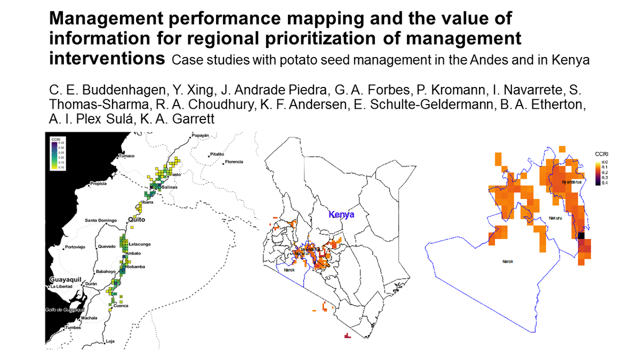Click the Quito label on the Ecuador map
137,219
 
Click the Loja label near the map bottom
110,341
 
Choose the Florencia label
234,162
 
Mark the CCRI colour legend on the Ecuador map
57,154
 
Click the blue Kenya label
342,214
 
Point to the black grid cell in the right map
581,236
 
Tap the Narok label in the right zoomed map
508,261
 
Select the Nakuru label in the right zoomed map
556,218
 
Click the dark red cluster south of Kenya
347,336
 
